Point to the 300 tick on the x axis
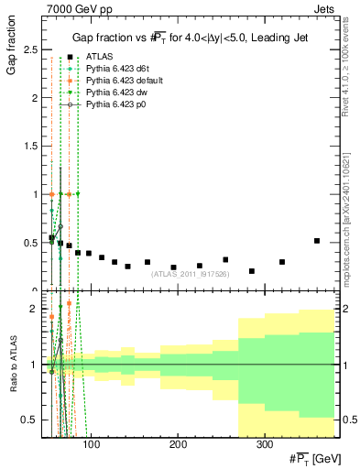click(x=264, y=445)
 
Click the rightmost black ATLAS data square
click(x=317, y=241)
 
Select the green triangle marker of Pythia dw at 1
click(x=78, y=194)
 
